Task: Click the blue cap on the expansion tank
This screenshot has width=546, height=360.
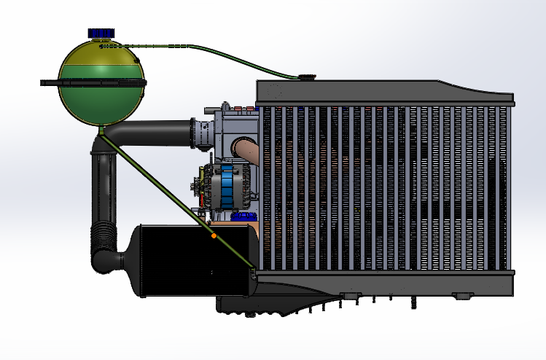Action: (x=101, y=33)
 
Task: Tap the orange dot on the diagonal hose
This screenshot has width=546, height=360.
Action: (x=214, y=235)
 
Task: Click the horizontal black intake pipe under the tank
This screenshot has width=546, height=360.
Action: (x=153, y=133)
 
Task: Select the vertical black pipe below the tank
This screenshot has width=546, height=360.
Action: (x=104, y=182)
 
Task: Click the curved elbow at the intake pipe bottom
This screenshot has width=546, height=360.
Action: (x=109, y=261)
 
